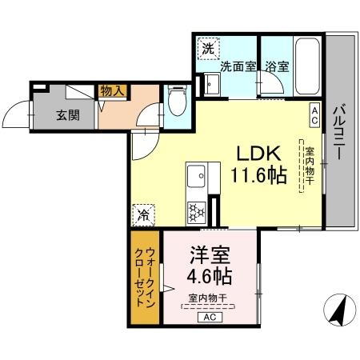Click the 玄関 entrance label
point(68,114)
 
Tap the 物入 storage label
point(112,92)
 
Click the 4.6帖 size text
point(210,278)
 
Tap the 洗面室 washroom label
point(238,67)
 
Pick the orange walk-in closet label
point(145,276)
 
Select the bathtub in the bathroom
point(308,67)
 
